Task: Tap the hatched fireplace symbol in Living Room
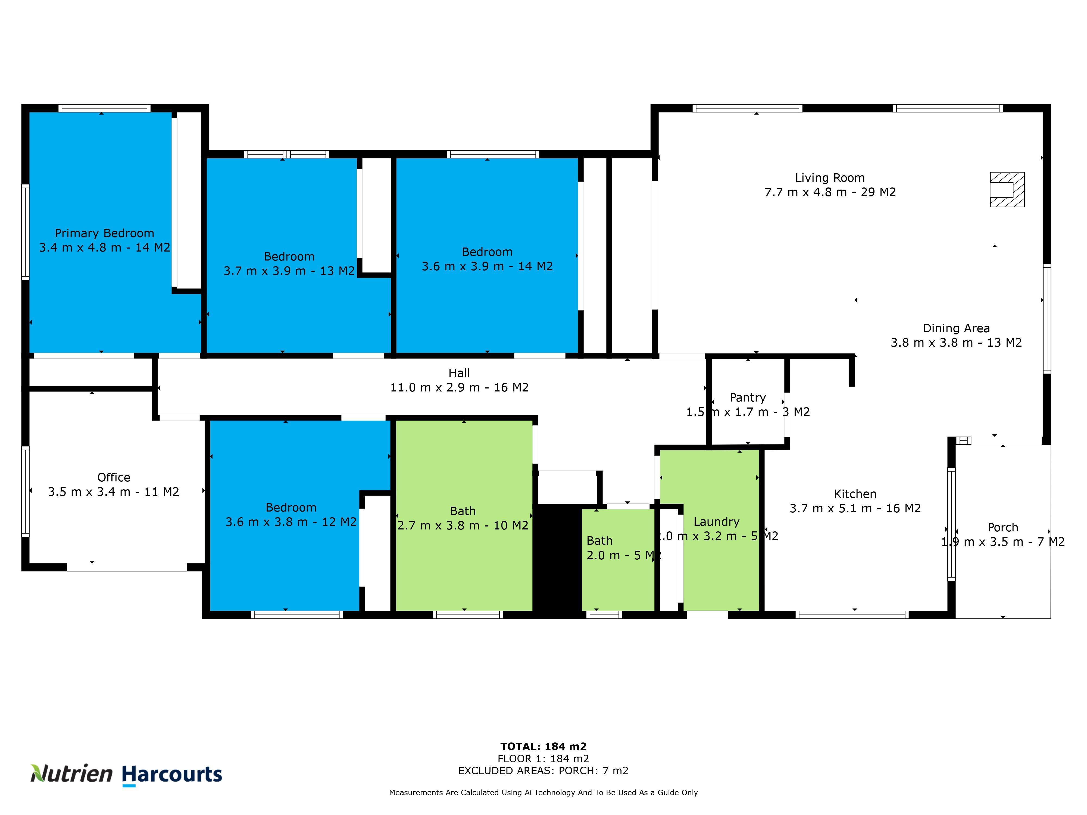click(x=1007, y=190)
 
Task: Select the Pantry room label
click(x=747, y=397)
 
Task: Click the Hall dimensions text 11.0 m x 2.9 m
click(x=459, y=388)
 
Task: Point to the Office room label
click(x=114, y=478)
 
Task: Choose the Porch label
click(x=1002, y=528)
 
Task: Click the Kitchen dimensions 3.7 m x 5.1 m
click(x=855, y=509)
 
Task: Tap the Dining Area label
click(x=956, y=328)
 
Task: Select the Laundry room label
click(x=716, y=522)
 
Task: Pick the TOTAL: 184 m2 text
click(x=543, y=747)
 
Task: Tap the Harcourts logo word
click(x=172, y=775)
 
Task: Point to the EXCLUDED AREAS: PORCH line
click(x=543, y=771)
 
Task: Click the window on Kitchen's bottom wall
click(x=852, y=615)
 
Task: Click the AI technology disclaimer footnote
click(x=543, y=792)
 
